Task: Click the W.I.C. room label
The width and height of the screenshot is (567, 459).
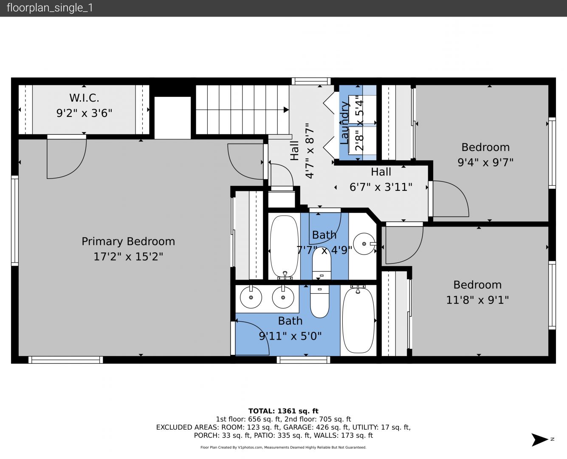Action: coord(84,98)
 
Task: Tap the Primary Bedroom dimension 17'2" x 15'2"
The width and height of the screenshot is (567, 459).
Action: coord(128,257)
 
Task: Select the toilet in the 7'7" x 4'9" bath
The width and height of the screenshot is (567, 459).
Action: coord(322,264)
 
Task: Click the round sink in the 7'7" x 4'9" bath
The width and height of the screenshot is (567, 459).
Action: coord(364,244)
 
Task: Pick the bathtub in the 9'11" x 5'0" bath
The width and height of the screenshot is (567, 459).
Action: coord(358,320)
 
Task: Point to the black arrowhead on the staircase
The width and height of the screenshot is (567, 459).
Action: coord(286,110)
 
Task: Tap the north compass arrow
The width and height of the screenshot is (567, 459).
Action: coord(539,439)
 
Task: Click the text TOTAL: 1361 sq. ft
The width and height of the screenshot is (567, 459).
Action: coord(283,411)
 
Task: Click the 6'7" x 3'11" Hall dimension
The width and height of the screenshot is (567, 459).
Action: coord(381,187)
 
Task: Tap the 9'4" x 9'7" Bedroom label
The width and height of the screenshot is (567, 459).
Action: coord(485,147)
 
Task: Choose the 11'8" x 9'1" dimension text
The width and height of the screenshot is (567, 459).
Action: coord(477,300)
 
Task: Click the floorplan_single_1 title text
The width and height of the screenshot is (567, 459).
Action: coord(50,8)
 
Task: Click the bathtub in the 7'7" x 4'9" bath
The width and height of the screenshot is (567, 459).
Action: coord(284,246)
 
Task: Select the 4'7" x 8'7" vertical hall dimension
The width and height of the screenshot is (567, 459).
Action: coord(310,151)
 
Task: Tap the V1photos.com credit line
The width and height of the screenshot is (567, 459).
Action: coord(283,447)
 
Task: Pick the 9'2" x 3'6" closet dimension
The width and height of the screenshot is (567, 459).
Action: coord(84,113)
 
